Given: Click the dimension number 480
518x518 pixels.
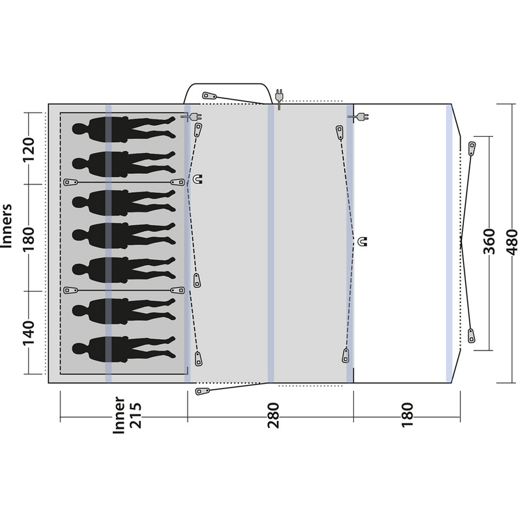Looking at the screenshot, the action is pos(511,242).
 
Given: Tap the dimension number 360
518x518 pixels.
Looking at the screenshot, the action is pos(489,242).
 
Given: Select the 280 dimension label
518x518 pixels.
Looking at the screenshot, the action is pos(274,415).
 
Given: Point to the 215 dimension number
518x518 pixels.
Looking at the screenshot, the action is pos(136,415).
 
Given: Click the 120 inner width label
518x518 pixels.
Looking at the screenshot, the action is pos(29,150).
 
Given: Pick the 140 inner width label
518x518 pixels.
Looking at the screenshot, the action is pos(29,333).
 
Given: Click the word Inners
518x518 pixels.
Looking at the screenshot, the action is pos(7,225).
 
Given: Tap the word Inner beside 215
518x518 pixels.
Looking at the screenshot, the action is pos(119,415).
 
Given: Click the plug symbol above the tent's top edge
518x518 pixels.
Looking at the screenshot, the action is pos(280,98).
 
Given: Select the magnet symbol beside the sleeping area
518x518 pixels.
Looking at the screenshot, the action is pos(197,179).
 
